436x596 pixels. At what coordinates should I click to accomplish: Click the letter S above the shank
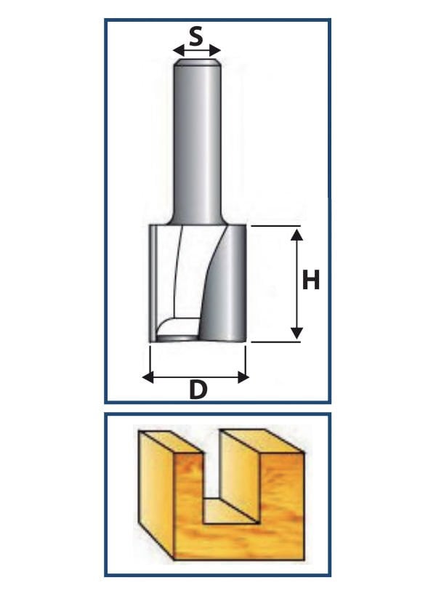(x=195, y=37)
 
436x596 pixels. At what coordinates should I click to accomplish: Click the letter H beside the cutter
(x=310, y=280)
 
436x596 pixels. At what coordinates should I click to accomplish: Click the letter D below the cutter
(x=198, y=390)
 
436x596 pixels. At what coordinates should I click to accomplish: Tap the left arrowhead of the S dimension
(x=178, y=50)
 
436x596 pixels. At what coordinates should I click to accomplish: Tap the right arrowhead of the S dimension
(x=216, y=50)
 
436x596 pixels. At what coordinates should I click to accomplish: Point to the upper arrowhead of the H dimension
(x=296, y=235)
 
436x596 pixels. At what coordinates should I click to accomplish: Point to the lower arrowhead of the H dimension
(x=296, y=333)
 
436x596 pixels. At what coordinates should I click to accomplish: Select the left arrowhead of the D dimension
(x=148, y=377)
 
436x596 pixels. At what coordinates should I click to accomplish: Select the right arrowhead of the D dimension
(x=243, y=377)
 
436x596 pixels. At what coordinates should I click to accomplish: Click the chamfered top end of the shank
(x=197, y=63)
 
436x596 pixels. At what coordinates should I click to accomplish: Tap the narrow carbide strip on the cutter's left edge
(x=152, y=283)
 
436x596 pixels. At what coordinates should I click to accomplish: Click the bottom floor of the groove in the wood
(x=230, y=510)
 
